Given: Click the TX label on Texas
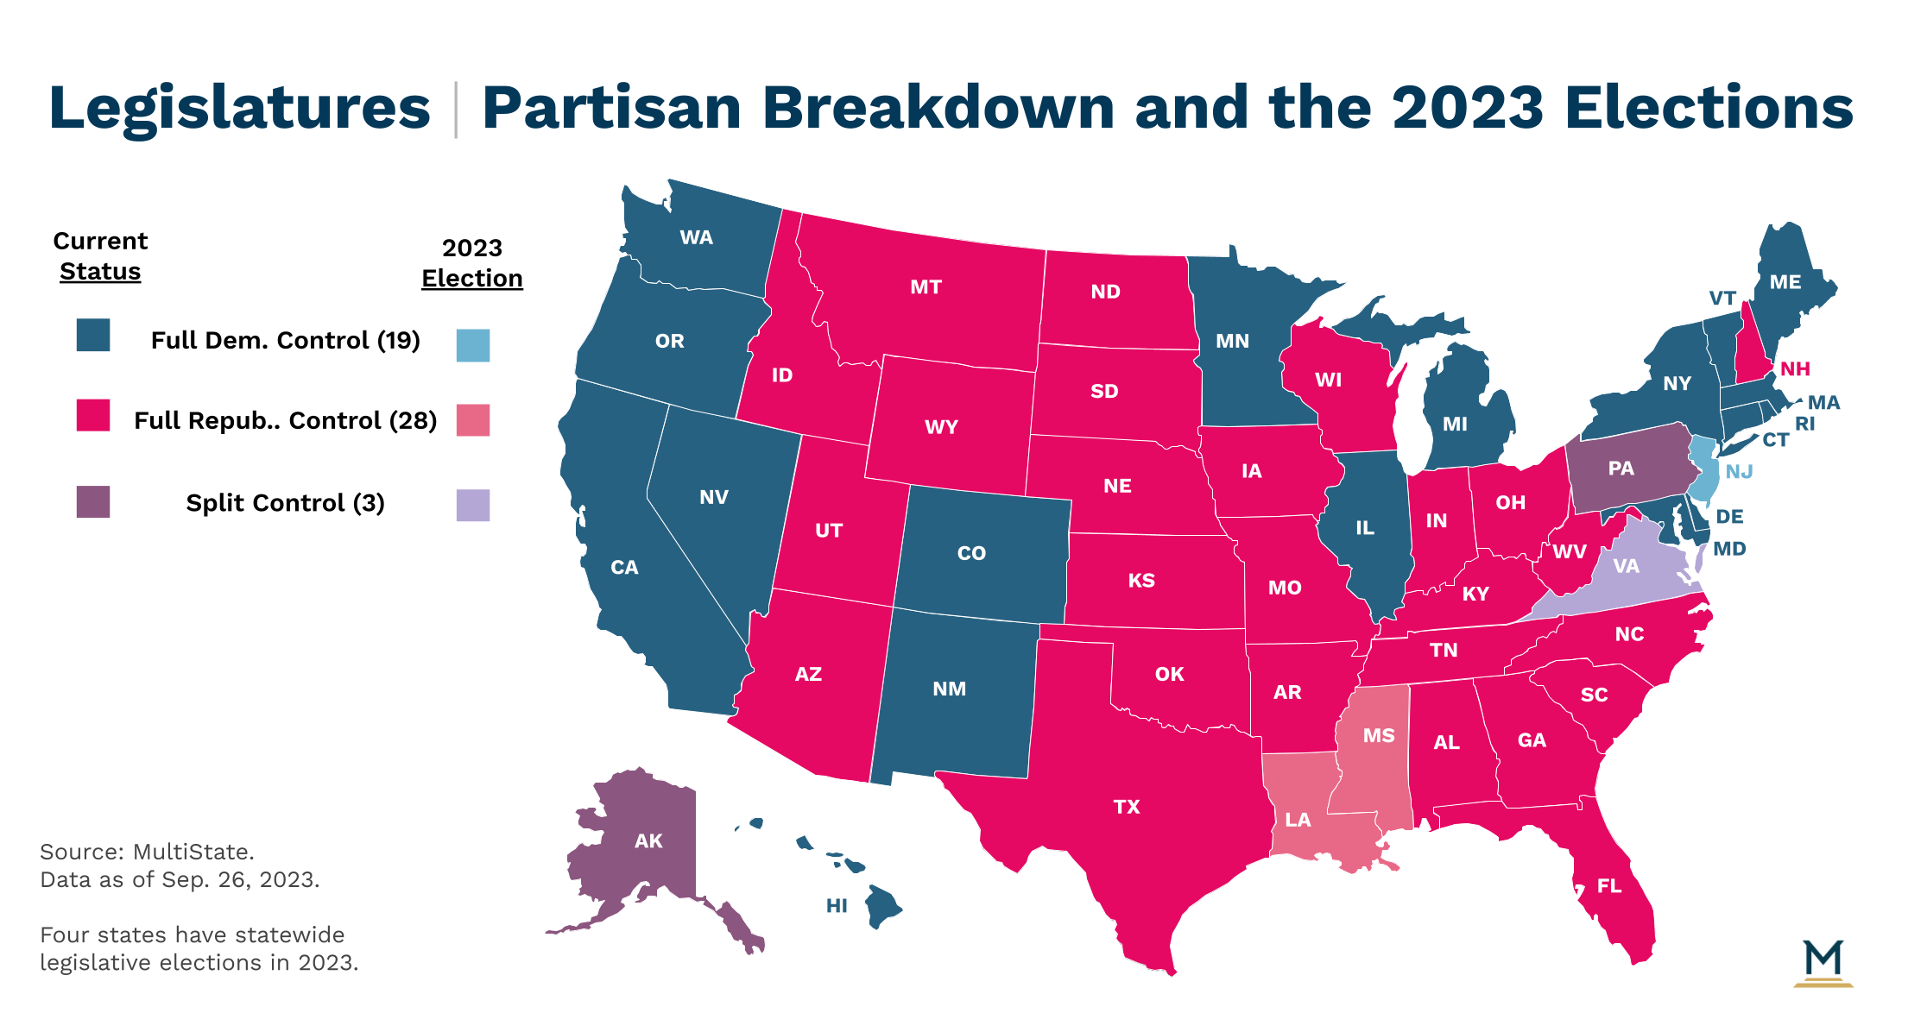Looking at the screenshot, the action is click(x=1127, y=807).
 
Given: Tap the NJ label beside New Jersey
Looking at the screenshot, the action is click(x=1739, y=471).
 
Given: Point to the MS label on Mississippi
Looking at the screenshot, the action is click(x=1379, y=735).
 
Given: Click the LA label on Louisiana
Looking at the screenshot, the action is click(x=1298, y=820).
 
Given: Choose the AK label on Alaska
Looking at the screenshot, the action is click(x=648, y=840).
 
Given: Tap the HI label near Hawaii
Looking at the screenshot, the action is click(x=837, y=905).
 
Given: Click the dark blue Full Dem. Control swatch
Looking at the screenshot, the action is click(x=93, y=335).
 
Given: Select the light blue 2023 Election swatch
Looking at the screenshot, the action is click(x=473, y=345).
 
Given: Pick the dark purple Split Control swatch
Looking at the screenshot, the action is click(x=93, y=501).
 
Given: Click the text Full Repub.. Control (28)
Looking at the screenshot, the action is click(x=285, y=420).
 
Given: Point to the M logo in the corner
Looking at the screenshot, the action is click(x=1823, y=963).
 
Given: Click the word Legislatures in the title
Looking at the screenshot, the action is click(x=239, y=109).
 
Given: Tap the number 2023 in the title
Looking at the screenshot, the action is click(x=1467, y=108).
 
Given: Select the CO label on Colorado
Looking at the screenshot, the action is click(x=971, y=553).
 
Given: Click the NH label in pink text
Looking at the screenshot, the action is click(x=1795, y=368).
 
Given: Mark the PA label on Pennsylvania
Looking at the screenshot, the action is click(x=1621, y=468).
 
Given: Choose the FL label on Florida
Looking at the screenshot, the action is click(x=1609, y=885).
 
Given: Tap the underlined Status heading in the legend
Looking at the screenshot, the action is click(x=100, y=271).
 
